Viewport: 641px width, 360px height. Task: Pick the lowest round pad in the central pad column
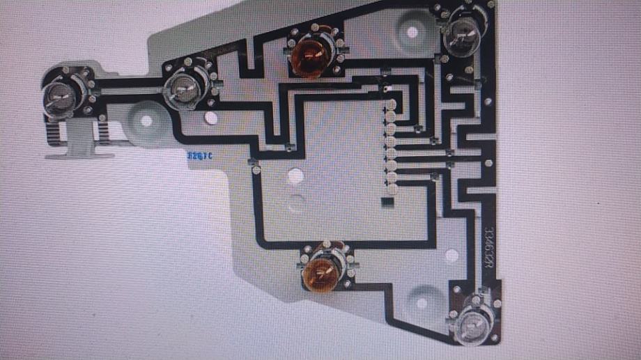(391, 188)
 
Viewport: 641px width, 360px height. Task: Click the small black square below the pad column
(388, 203)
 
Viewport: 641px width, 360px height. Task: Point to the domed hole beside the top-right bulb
(412, 31)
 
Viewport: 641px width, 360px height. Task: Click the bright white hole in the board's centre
(295, 176)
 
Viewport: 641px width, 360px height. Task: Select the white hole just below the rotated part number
(451, 256)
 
